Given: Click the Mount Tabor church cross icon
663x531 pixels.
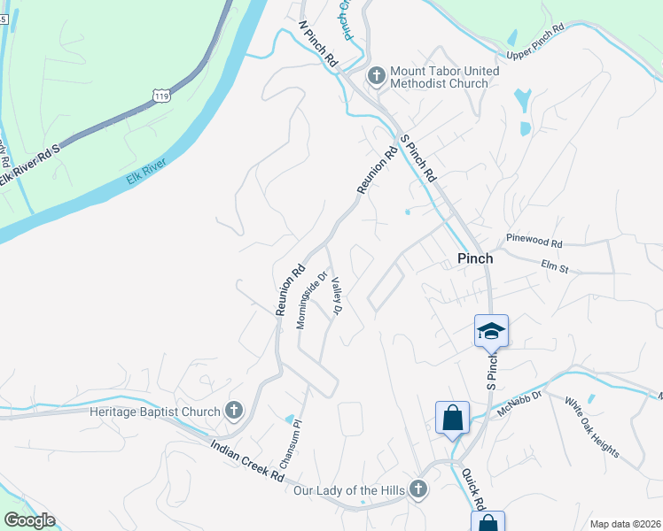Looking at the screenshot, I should pos(376,76).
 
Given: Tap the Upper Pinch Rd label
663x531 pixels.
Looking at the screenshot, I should pos(535,42).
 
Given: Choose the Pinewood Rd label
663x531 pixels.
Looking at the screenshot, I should pos(534,241).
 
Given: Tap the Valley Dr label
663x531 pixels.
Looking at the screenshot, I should pos(336,297).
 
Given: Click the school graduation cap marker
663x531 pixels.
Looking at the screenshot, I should pos(491,331).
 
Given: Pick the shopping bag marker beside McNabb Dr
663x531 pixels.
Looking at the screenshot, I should pos(452,417).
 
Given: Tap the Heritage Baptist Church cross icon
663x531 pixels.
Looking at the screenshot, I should pos(234,410).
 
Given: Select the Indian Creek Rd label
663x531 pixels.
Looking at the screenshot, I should pos(247,462).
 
